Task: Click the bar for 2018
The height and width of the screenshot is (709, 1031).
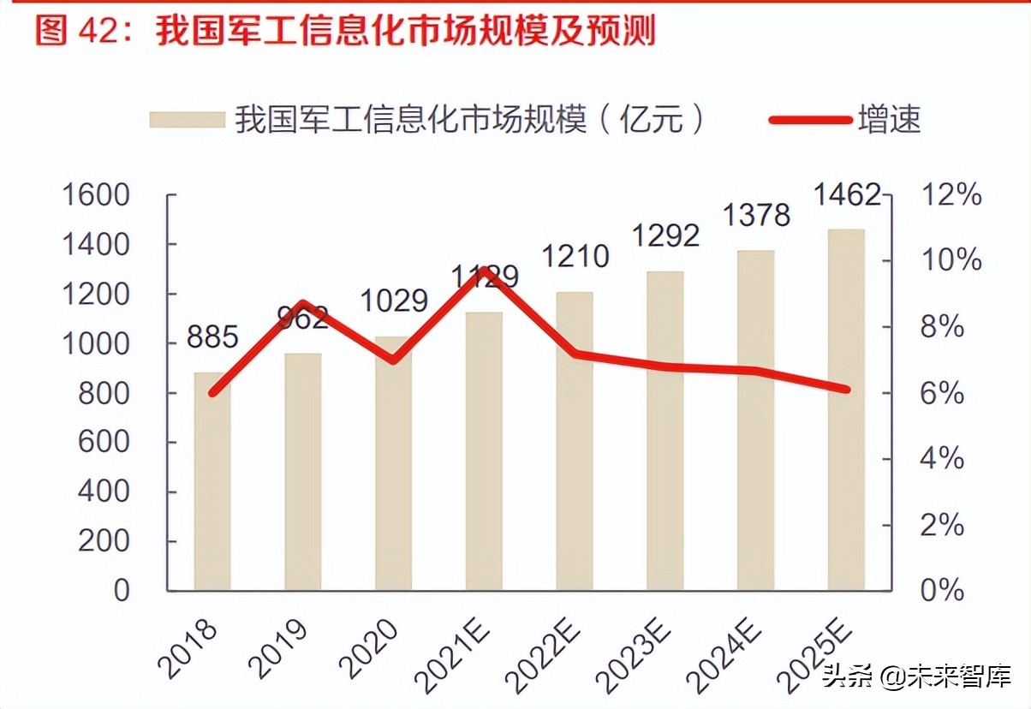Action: click(212, 481)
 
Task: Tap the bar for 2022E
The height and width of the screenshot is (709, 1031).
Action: click(575, 441)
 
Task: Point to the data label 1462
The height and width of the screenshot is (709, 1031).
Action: click(846, 195)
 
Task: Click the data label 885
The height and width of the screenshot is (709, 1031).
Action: click(212, 337)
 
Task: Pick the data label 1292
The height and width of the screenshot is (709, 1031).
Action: click(665, 235)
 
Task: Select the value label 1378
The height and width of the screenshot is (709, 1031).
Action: click(755, 214)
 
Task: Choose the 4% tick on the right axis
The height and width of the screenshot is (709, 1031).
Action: click(941, 459)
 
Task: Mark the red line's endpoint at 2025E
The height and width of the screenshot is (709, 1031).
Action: click(846, 390)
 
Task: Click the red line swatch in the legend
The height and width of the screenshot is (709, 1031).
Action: click(809, 120)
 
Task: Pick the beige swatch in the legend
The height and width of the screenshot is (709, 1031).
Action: click(186, 120)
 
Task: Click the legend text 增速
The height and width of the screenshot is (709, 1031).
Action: click(890, 120)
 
